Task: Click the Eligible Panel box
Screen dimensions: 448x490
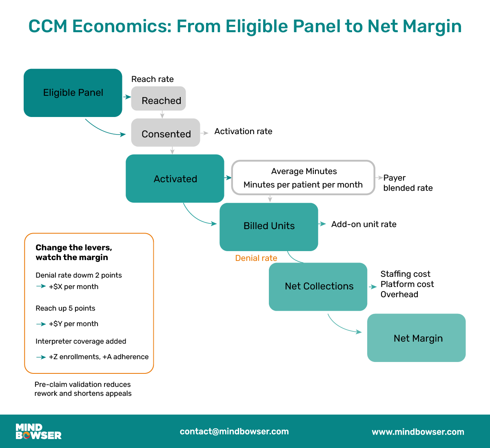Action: point(73,93)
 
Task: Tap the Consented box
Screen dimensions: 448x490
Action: point(166,133)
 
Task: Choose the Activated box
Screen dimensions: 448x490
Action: point(175,179)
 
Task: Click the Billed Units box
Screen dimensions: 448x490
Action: point(269,227)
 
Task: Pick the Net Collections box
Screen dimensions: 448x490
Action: point(318,287)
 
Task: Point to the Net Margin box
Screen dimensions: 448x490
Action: point(417,338)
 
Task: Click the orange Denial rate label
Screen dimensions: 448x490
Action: point(256,258)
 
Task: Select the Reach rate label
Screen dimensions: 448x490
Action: point(152,79)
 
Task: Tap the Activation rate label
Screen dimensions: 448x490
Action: point(243,131)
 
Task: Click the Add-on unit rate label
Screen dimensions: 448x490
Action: point(364,224)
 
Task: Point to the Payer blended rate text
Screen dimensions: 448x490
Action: point(408,183)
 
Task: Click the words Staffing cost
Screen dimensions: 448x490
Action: point(405,274)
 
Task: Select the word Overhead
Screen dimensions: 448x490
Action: point(399,294)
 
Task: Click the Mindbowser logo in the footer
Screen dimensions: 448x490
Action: point(38,431)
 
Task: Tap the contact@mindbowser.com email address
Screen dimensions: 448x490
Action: point(234,431)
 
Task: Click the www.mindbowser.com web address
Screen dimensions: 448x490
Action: point(418,432)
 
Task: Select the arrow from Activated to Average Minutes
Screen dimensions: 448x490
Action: point(228,178)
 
